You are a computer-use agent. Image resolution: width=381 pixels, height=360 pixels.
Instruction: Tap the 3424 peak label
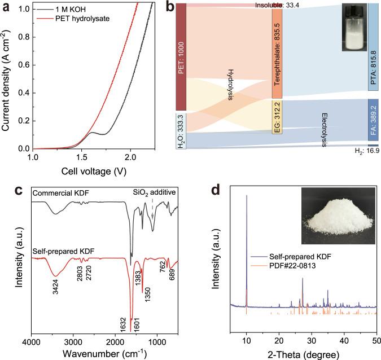point(54,286)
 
